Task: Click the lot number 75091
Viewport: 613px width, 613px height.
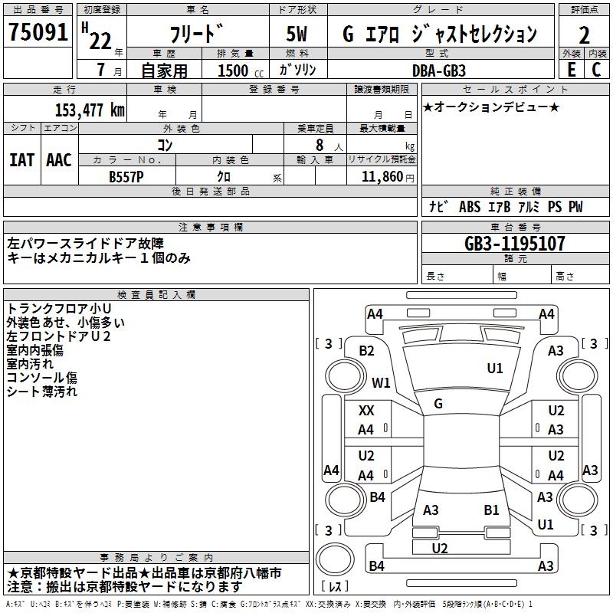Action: coord(38,33)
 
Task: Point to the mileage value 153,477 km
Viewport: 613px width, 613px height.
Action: coord(89,110)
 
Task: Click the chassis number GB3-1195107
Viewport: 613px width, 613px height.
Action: coord(515,244)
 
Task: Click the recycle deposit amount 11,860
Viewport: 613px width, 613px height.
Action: coord(382,176)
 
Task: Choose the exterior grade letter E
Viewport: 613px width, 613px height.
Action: coord(571,70)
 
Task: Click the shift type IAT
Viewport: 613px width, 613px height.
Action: coord(22,160)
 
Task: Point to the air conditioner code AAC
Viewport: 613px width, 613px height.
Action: coord(58,160)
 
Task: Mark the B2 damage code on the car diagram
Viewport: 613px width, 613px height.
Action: coord(367,351)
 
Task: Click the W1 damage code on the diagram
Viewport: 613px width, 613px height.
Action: coord(381,382)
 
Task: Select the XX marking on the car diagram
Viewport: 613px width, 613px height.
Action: coord(366,411)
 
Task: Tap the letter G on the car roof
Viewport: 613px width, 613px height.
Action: coord(438,404)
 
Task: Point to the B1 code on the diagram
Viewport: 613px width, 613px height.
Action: coord(491,510)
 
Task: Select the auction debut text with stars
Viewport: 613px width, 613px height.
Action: coord(491,107)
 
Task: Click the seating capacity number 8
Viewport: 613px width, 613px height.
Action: coord(318,145)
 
